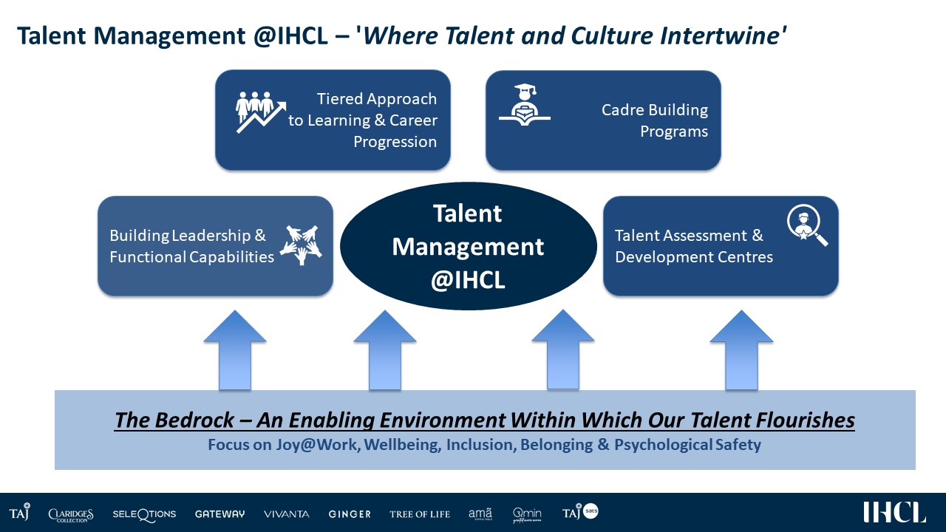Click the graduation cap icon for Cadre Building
[525, 104]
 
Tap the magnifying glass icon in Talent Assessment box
[807, 225]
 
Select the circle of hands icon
[301, 245]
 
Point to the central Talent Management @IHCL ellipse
[469, 246]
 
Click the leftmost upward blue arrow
[235, 350]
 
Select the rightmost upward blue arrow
[741, 350]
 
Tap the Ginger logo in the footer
[350, 514]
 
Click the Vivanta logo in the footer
[286, 514]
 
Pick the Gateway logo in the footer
[220, 514]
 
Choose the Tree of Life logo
[420, 514]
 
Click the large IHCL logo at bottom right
[894, 512]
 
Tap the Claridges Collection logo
[70, 515]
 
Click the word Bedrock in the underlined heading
[194, 420]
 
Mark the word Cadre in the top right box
[622, 110]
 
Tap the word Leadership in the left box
[211, 236]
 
